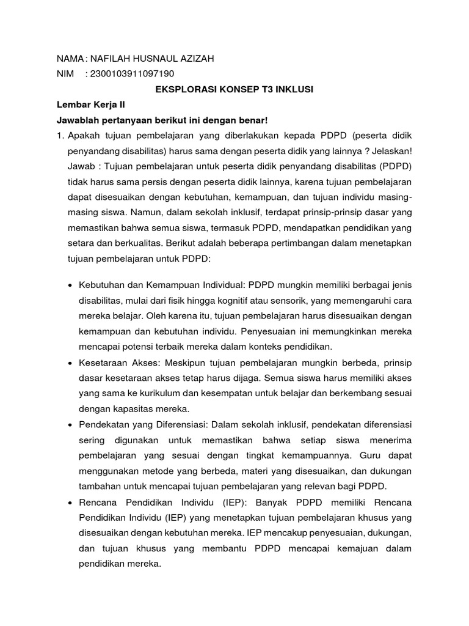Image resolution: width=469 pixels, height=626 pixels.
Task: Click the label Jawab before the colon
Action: click(x=82, y=166)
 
